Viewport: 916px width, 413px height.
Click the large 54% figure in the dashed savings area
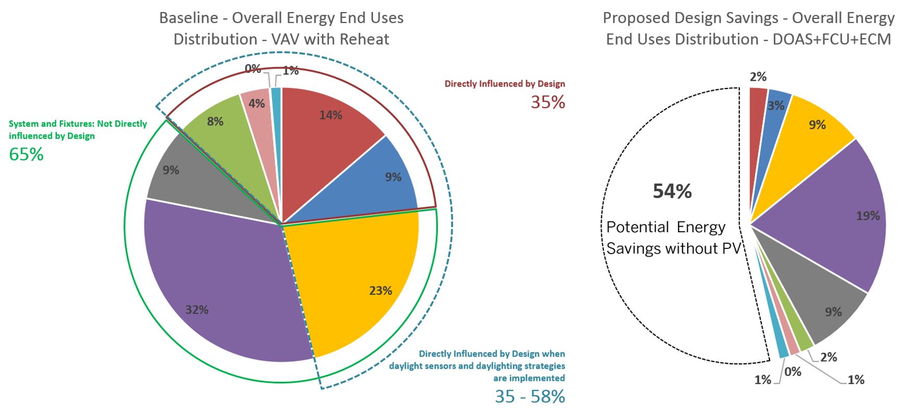pyautogui.click(x=672, y=192)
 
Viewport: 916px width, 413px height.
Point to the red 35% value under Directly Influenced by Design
pyautogui.click(x=548, y=102)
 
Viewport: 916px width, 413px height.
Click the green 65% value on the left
pyautogui.click(x=26, y=155)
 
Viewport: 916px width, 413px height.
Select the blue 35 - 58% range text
pyautogui.click(x=529, y=396)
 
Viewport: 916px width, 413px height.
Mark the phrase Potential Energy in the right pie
pyautogui.click(x=665, y=227)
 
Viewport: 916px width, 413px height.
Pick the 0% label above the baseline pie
pyautogui.click(x=253, y=69)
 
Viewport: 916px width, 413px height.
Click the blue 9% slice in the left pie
pyautogui.click(x=386, y=177)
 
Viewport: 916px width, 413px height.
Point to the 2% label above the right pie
pyautogui.click(x=758, y=77)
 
